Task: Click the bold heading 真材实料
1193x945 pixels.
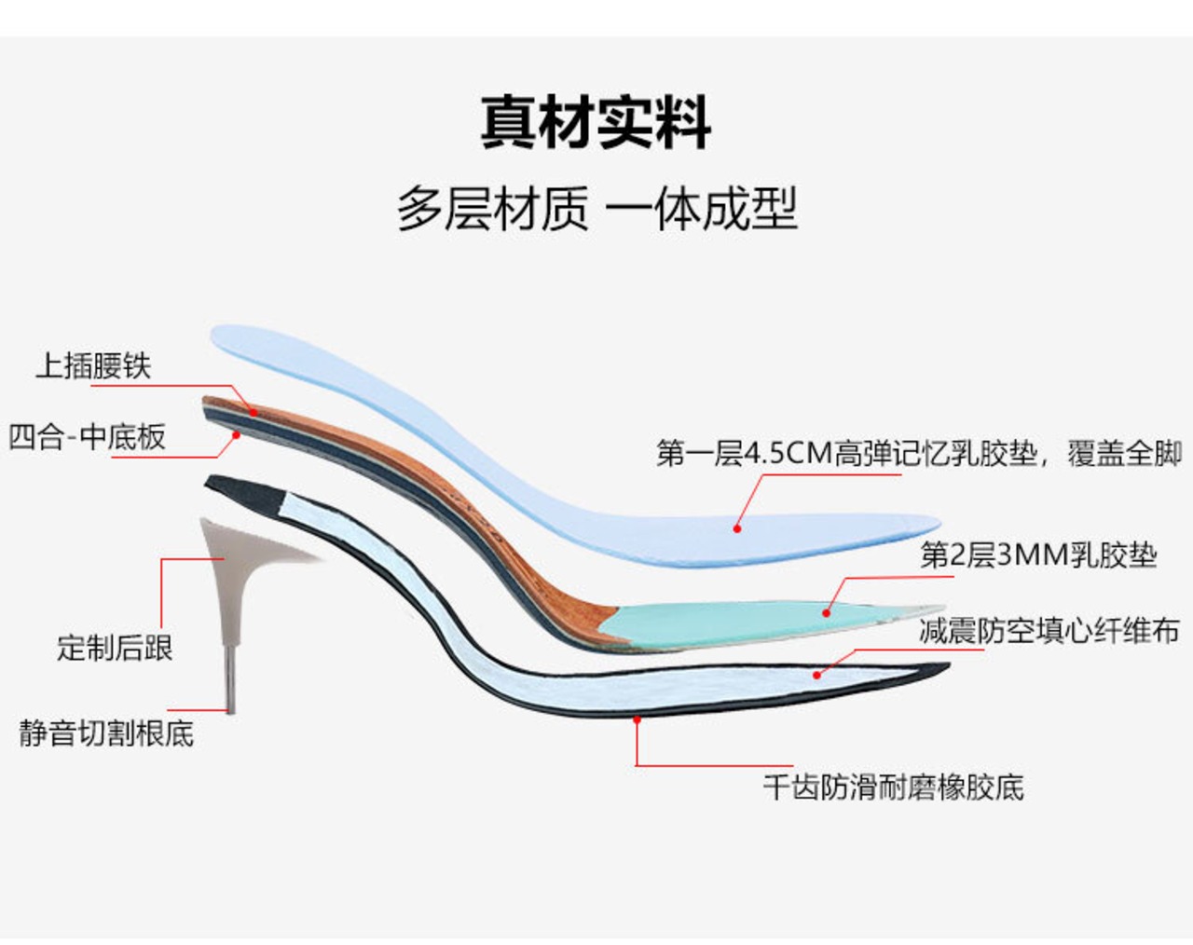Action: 596,122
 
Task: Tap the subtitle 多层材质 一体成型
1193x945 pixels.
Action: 596,208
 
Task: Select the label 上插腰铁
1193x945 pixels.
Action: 93,365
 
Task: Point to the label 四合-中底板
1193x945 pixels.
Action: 88,436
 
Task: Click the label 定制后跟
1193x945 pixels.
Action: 115,648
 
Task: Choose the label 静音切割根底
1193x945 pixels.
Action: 106,733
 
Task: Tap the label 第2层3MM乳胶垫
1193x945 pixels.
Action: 1038,555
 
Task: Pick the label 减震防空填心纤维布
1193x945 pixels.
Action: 1049,631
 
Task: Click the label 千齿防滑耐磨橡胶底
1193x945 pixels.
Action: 893,787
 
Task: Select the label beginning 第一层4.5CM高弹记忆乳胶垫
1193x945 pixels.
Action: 919,454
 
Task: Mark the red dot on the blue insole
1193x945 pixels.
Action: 737,528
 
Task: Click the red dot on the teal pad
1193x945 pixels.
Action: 826,612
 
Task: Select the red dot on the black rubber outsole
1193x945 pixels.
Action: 637,719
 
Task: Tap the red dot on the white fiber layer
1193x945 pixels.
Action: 816,674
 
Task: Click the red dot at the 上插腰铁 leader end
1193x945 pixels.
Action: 253,411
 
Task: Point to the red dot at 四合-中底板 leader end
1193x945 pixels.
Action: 237,434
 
